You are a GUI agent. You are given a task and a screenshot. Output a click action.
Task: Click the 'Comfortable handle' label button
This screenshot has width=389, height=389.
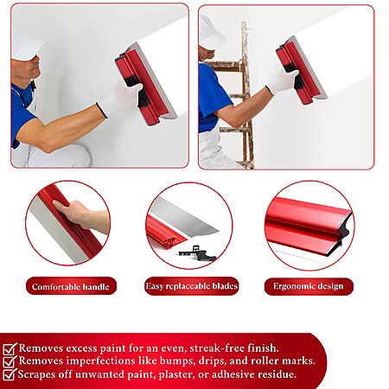click(x=71, y=286)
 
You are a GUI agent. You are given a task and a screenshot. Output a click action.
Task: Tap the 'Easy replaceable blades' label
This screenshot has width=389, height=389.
click(x=192, y=286)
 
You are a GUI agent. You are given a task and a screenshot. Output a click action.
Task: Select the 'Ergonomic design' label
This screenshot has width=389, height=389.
click(x=309, y=286)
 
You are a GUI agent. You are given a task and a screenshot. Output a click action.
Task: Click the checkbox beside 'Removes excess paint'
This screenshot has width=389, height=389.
click(x=10, y=349)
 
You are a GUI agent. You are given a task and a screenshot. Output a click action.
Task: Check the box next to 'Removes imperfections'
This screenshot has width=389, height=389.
click(x=10, y=361)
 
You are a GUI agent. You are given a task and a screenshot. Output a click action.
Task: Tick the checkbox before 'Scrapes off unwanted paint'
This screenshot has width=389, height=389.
click(x=10, y=374)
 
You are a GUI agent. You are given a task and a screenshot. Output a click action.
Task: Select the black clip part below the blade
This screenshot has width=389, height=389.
click(x=198, y=253)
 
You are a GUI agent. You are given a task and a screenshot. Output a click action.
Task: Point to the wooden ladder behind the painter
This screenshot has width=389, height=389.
click(x=236, y=95)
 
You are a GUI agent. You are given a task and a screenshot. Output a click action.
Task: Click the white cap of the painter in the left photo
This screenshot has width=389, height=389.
click(x=27, y=43)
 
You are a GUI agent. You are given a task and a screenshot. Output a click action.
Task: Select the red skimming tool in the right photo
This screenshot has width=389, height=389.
click(x=301, y=70)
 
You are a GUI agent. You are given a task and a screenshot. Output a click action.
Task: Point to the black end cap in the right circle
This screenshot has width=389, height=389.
click(x=345, y=231)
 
